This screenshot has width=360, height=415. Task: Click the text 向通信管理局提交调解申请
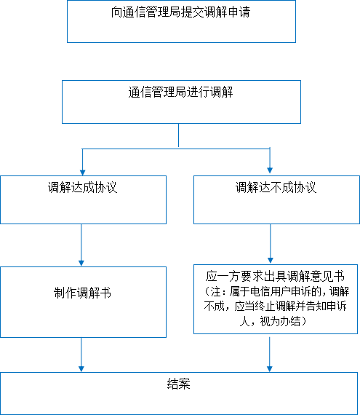coord(180,12)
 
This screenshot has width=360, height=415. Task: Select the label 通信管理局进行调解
coord(180,92)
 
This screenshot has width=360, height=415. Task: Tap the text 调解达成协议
coord(82,187)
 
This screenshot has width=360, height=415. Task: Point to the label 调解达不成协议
coord(276,187)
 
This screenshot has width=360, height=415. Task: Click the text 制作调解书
coord(82,293)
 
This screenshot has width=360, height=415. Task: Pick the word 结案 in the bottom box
coord(179,384)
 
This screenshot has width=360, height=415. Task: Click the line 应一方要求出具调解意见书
coord(275,276)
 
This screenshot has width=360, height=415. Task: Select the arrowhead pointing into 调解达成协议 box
coord(82,173)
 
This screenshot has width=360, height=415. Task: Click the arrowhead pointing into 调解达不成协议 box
coord(270,170)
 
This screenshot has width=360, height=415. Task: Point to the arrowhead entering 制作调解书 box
coord(81,263)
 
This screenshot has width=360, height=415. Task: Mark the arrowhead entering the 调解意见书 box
coord(270,261)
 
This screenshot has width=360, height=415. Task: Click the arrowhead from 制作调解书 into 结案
coord(81,369)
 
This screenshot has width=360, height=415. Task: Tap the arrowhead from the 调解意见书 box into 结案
coord(270,369)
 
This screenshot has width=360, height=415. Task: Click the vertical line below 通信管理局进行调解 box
coord(179,135)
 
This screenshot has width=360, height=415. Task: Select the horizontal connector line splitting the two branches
coord(176,149)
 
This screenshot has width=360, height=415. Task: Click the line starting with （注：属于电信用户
coord(276,291)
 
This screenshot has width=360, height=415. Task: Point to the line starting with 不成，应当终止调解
coord(275,307)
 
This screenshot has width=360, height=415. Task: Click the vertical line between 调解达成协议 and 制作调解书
coord(81,242)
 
